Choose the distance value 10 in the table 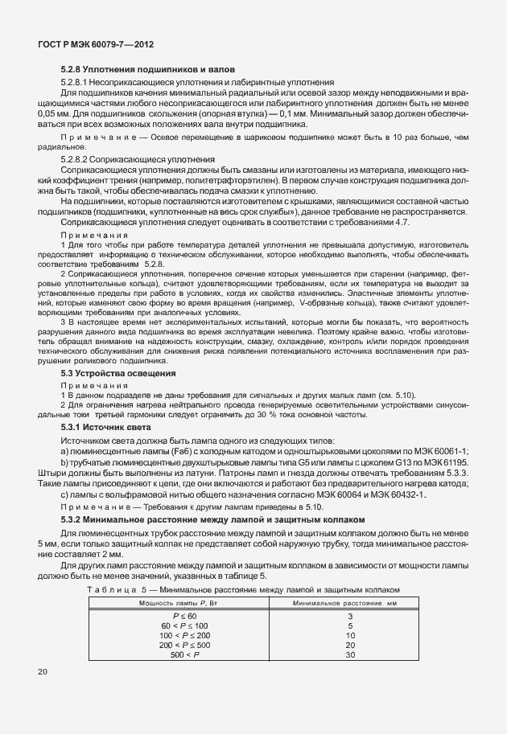coord(349,634)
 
